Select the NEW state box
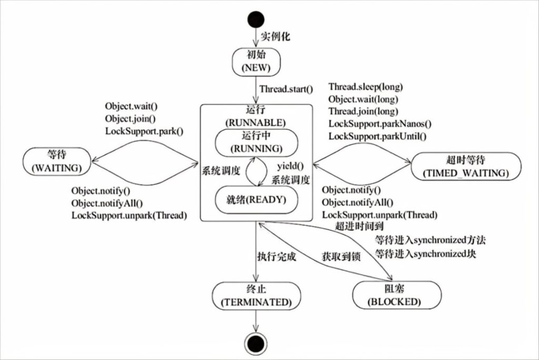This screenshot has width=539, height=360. click(x=256, y=63)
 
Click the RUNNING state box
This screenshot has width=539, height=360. click(x=256, y=142)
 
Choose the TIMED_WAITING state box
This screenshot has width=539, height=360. click(x=466, y=166)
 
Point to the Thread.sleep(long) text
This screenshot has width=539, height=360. click(x=366, y=86)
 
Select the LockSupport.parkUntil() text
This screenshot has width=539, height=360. click(x=377, y=137)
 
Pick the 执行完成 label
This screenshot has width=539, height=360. click(x=277, y=258)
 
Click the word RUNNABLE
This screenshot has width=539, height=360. click(x=255, y=123)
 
